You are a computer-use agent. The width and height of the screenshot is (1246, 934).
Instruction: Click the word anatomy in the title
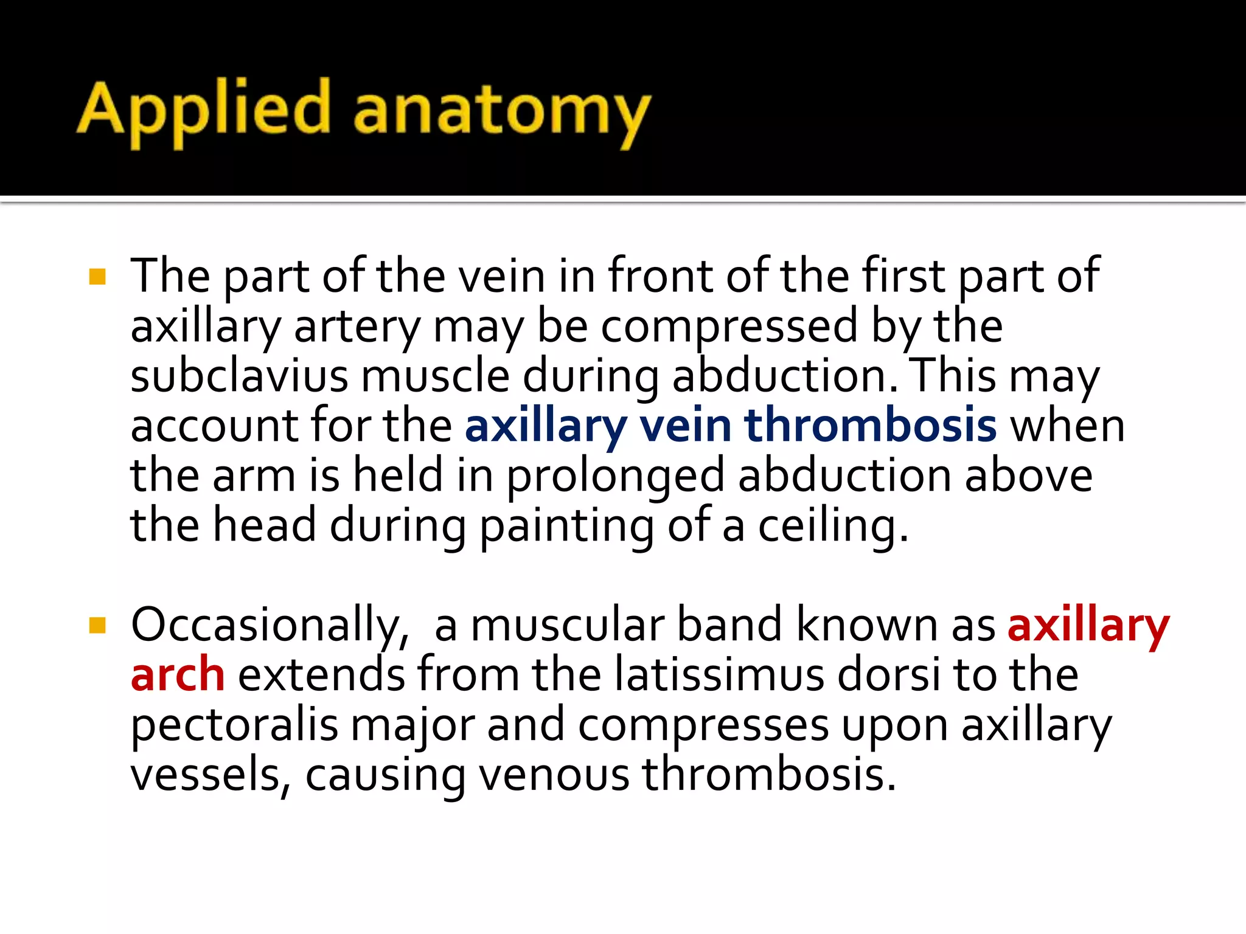pyautogui.click(x=501, y=112)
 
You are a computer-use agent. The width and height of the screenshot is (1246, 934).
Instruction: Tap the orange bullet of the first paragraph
pyautogui.click(x=97, y=277)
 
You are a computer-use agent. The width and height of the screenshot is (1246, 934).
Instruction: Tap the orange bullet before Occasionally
pyautogui.click(x=97, y=625)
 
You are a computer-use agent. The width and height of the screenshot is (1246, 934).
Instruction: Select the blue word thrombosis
pyautogui.click(x=870, y=425)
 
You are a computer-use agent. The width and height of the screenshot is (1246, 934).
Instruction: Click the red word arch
pyautogui.click(x=178, y=675)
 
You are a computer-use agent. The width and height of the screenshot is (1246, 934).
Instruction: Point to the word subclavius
pyautogui.click(x=239, y=376)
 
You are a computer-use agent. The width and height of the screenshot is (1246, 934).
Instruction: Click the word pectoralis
pyautogui.click(x=234, y=726)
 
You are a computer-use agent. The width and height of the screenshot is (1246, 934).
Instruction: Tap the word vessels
pyautogui.click(x=206, y=776)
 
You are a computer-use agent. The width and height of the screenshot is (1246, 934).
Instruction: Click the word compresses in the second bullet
pyautogui.click(x=703, y=726)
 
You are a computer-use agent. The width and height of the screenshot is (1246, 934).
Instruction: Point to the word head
pyautogui.click(x=264, y=525)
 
